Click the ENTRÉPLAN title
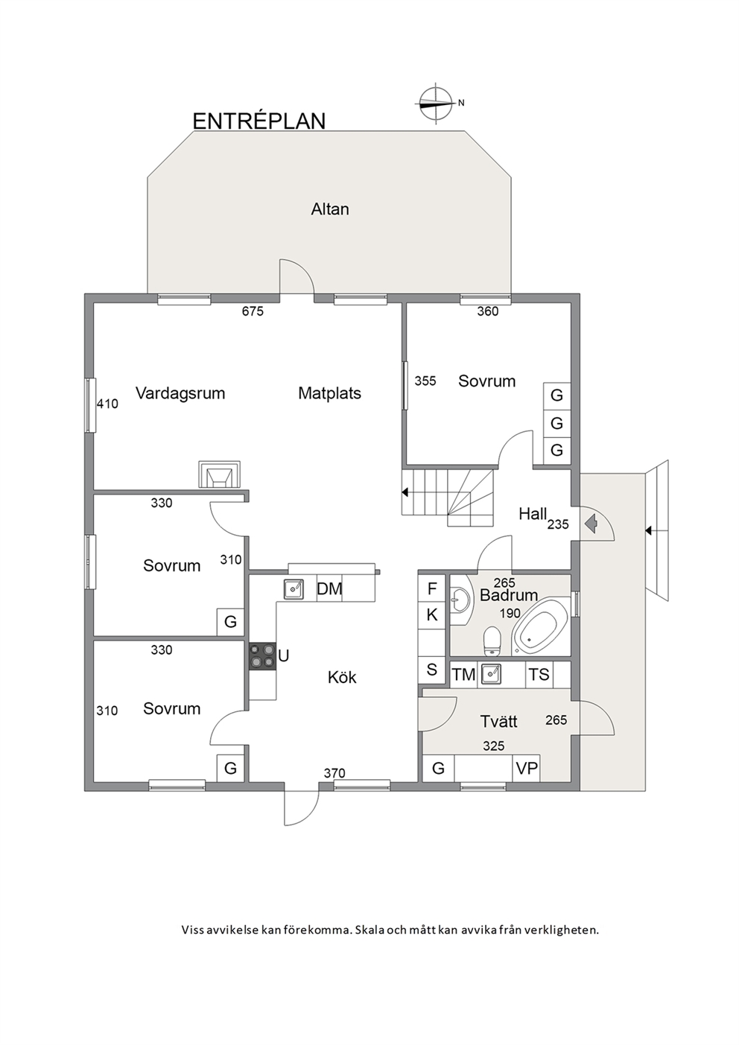[259, 121]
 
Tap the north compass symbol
[436, 103]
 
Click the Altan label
[330, 209]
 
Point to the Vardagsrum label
[180, 393]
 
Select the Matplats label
[329, 393]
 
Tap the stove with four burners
[262, 656]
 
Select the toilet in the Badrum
[492, 641]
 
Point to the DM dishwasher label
[329, 588]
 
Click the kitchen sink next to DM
[294, 589]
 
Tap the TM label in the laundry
[464, 675]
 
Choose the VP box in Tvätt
[526, 769]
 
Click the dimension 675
[253, 311]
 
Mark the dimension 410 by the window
[107, 404]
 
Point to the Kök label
[342, 677]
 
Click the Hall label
[533, 514]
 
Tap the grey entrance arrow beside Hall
[591, 524]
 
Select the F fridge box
[432, 589]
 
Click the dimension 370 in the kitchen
[334, 773]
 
